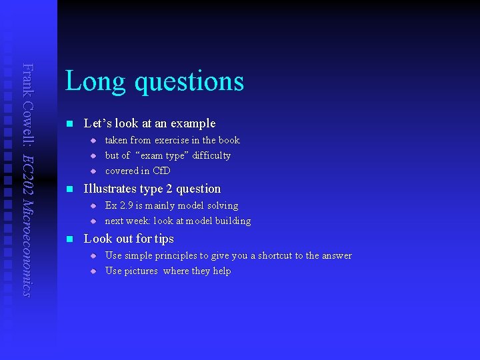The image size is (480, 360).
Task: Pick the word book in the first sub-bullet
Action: coord(229,140)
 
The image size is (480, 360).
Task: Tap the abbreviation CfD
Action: coord(161,171)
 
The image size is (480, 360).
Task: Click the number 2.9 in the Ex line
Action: coord(128,205)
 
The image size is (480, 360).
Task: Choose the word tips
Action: coord(163,239)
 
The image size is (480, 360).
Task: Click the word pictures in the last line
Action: coord(141,271)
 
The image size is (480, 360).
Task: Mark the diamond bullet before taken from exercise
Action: coord(93,140)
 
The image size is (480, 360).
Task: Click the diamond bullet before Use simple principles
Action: coord(93,255)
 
